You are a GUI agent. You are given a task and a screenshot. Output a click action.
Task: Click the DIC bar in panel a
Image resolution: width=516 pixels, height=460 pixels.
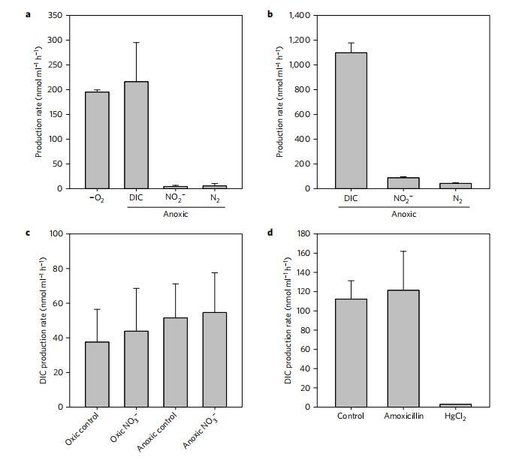[136, 135]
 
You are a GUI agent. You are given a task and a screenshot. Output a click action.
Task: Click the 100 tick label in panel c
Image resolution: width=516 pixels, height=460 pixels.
[55, 234]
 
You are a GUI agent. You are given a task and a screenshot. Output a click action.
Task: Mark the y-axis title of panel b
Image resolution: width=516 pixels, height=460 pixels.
[280, 102]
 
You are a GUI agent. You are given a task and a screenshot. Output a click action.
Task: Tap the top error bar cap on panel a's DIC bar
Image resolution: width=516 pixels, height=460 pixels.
[136, 43]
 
